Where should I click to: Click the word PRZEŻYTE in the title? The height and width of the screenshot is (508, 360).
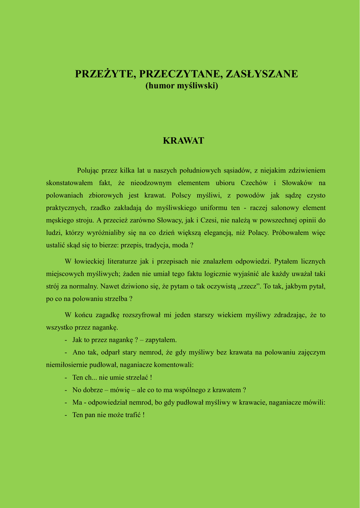pos(105,74)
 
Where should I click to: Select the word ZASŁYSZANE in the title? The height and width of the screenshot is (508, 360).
pos(262,74)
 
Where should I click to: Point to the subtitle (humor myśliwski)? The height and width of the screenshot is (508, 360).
pos(181,86)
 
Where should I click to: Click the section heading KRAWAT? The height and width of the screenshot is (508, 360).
pos(183,141)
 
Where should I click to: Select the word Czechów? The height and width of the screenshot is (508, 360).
pos(254,183)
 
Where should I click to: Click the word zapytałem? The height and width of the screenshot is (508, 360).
pos(161,340)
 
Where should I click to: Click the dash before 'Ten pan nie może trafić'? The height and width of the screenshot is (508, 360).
pos(66,415)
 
